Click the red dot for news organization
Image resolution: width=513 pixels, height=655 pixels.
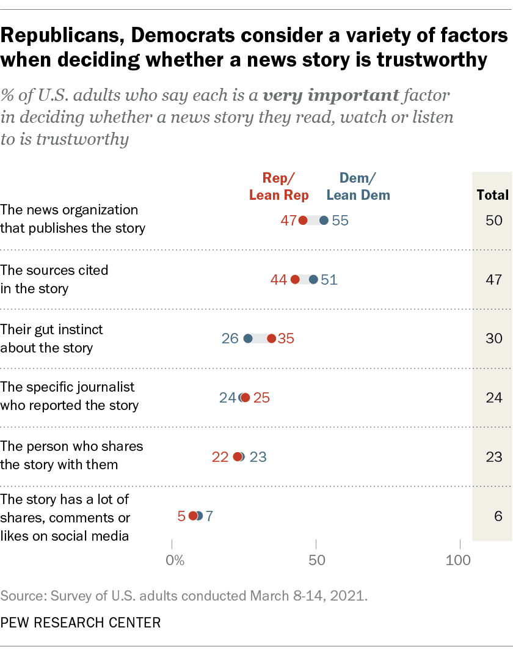(303, 221)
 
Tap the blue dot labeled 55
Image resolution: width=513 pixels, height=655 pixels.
(324, 221)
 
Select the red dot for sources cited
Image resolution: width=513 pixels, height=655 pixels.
(295, 280)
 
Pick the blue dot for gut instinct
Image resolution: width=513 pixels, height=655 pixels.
(248, 338)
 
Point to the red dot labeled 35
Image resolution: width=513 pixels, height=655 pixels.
(272, 338)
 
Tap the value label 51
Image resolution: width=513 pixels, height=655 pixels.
(329, 280)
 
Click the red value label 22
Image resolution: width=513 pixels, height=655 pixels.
(220, 457)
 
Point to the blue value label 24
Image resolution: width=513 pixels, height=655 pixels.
(227, 398)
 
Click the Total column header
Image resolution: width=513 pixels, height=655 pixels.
(492, 195)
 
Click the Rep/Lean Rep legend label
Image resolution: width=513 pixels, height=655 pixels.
(278, 186)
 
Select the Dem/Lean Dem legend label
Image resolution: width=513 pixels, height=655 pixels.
(358, 186)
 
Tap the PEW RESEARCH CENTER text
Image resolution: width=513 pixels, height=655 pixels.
(81, 623)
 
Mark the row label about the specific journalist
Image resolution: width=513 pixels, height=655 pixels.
(70, 396)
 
